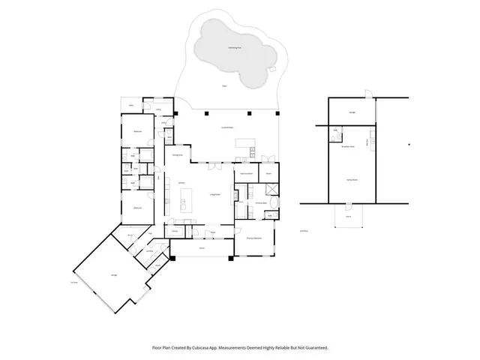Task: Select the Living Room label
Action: [x=214, y=194]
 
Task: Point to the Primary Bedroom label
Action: [x=253, y=238]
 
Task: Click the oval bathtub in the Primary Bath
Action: [x=274, y=202]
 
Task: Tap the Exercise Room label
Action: [x=247, y=173]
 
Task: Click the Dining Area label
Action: [x=179, y=154]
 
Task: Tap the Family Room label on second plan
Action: [x=351, y=181]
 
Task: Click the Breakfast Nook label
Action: [x=348, y=147]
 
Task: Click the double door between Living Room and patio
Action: [x=216, y=162]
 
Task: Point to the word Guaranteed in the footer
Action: [x=316, y=348]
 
